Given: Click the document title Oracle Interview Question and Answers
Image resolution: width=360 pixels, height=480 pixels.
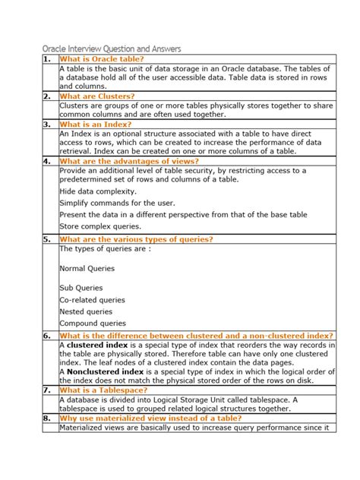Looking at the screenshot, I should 111,49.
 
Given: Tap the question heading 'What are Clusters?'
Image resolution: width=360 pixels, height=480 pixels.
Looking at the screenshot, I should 97,96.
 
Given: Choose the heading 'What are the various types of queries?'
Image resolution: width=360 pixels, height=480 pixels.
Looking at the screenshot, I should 136,239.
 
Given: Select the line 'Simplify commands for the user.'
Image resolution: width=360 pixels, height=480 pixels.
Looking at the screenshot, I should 117,203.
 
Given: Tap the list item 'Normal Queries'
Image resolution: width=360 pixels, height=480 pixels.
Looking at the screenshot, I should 87,268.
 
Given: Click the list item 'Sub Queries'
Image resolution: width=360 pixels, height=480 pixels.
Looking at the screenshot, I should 81,288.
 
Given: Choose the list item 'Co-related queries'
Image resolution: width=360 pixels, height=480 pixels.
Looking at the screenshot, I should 92,300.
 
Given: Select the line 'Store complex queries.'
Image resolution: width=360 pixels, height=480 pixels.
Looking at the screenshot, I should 101,226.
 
